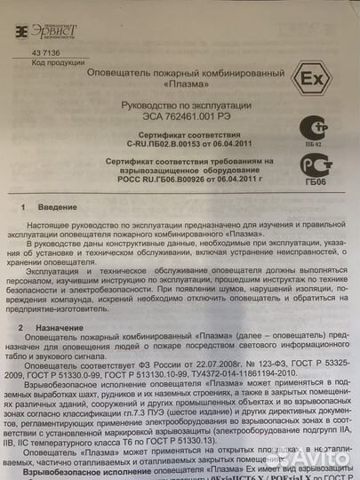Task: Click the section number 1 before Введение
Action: pyautogui.click(x=24, y=206)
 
